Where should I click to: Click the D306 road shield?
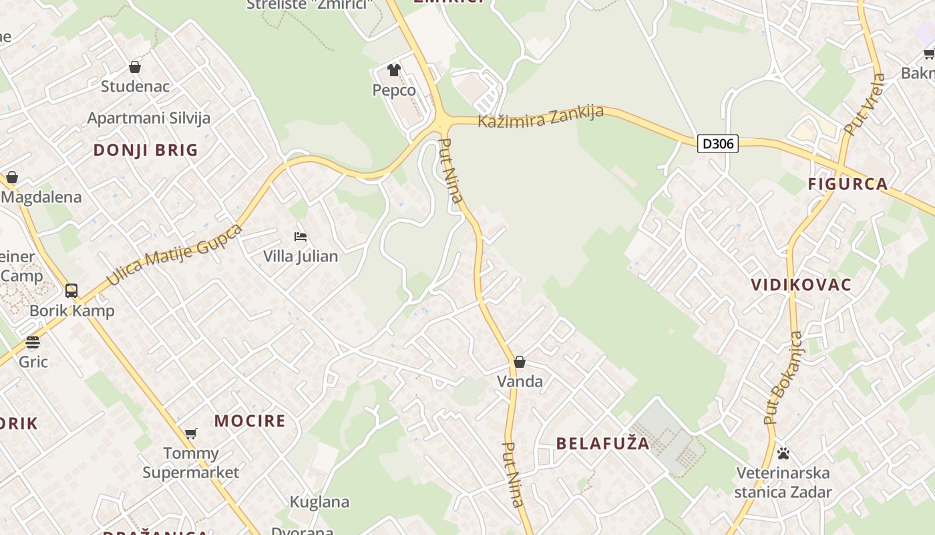pyautogui.click(x=718, y=143)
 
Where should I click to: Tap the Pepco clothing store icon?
pyautogui.click(x=394, y=70)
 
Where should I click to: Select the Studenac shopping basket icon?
pyautogui.click(x=135, y=67)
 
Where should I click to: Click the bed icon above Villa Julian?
pyautogui.click(x=301, y=237)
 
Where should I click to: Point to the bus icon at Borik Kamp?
pyautogui.click(x=71, y=291)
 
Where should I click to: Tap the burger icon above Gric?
pyautogui.click(x=33, y=342)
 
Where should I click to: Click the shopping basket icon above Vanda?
pyautogui.click(x=520, y=362)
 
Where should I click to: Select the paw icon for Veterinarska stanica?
pyautogui.click(x=783, y=453)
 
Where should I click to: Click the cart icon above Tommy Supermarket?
pyautogui.click(x=191, y=433)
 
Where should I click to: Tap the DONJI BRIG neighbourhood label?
pyautogui.click(x=146, y=150)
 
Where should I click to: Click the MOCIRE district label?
pyautogui.click(x=250, y=421)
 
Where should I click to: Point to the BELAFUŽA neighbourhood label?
pyautogui.click(x=602, y=443)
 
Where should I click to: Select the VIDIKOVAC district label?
pyautogui.click(x=801, y=285)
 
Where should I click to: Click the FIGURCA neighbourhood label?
pyautogui.click(x=848, y=184)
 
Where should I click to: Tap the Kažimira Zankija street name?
pyautogui.click(x=541, y=116)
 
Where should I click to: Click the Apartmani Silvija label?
pyautogui.click(x=149, y=118)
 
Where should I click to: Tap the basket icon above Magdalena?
pyautogui.click(x=11, y=177)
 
